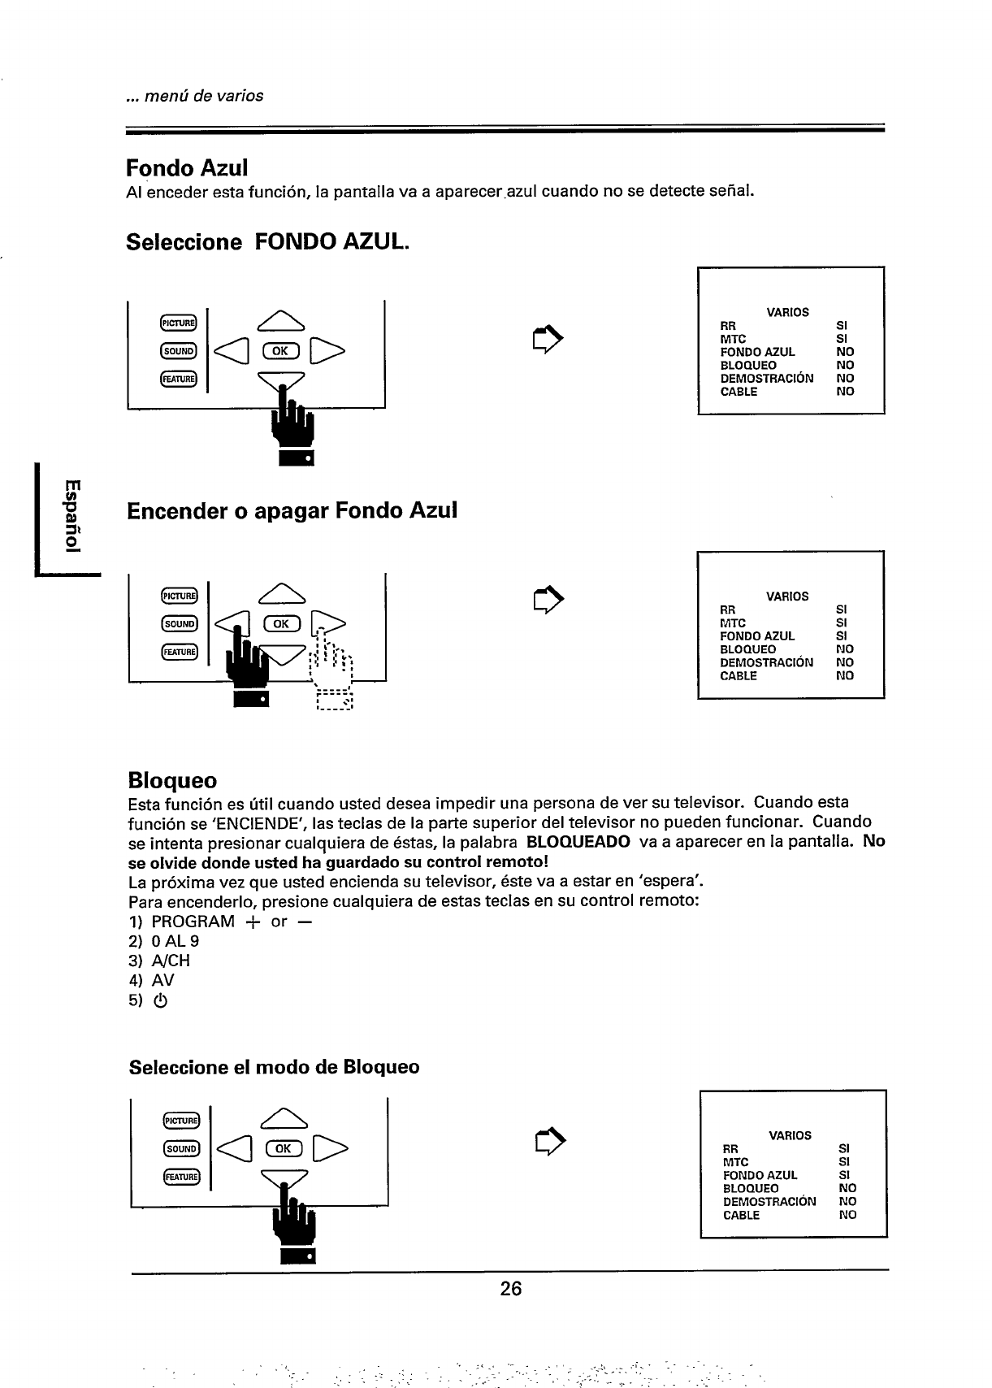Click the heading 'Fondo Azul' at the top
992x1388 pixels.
[x=187, y=167]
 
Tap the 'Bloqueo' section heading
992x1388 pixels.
[x=173, y=780]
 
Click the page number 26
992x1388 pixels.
[x=510, y=1289]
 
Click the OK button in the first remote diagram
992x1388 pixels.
[x=280, y=351]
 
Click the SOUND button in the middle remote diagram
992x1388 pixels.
[x=179, y=624]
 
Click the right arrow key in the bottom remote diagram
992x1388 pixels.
[x=333, y=1148]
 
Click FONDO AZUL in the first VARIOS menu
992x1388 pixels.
[x=757, y=352]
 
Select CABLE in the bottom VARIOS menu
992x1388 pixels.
[x=741, y=1215]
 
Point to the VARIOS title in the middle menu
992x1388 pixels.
[x=787, y=596]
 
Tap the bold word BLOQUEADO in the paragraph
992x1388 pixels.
[x=578, y=842]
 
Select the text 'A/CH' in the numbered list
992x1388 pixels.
[x=171, y=961]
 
